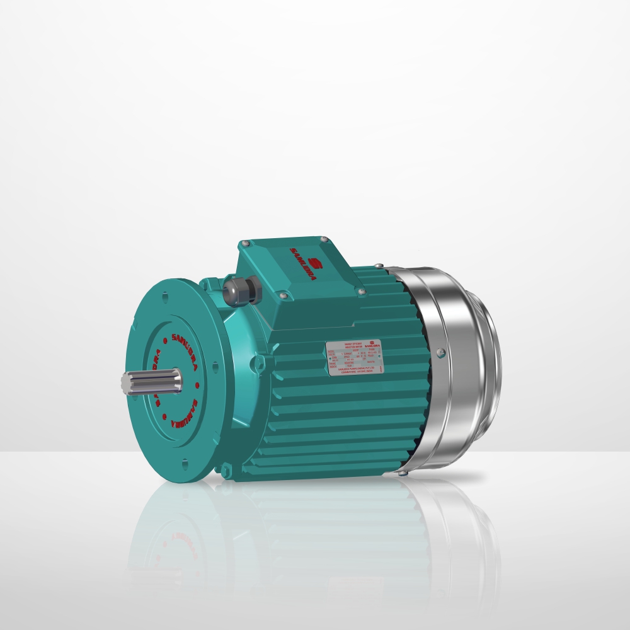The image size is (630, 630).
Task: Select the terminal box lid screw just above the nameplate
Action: [x=360, y=291]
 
